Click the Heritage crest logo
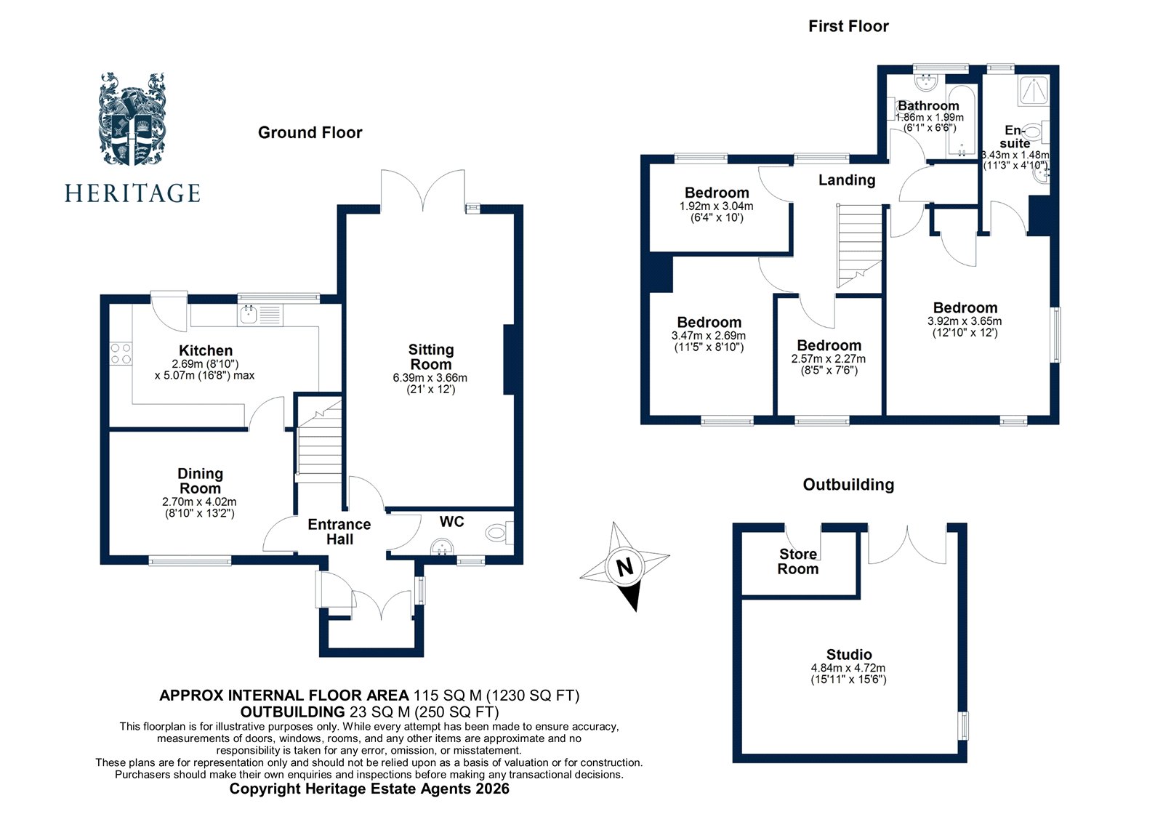[x=132, y=120]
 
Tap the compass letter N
[x=624, y=567]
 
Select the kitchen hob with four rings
[x=121, y=353]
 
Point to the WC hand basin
[x=441, y=546]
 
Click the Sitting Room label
[x=431, y=357]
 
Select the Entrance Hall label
[x=339, y=532]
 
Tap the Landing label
[x=847, y=180]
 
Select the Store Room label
[x=797, y=561]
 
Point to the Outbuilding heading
[x=848, y=485]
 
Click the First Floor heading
[x=848, y=27]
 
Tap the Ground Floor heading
[x=310, y=132]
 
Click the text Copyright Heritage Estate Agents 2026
[x=369, y=789]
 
